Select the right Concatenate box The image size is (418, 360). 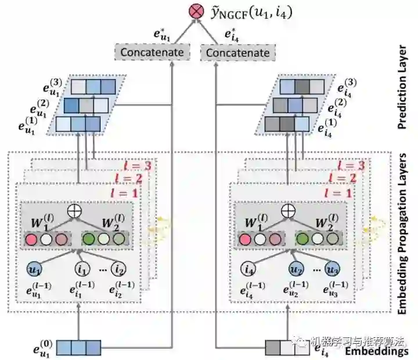click(x=238, y=53)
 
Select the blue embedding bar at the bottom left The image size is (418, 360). click(x=78, y=348)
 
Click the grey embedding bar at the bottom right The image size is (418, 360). click(x=287, y=348)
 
